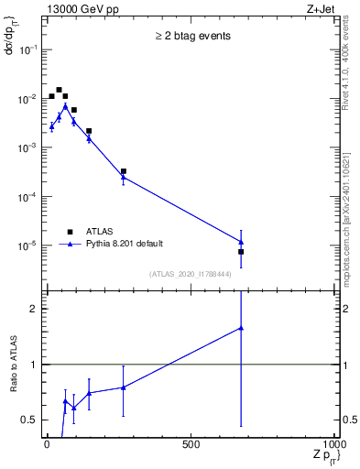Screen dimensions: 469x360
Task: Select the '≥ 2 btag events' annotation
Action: (191, 37)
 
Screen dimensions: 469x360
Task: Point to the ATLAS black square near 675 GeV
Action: (241, 251)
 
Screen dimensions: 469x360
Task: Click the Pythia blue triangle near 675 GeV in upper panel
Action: (241, 242)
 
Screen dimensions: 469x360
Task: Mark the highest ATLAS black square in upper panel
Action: (59, 90)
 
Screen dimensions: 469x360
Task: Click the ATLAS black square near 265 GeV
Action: (123, 171)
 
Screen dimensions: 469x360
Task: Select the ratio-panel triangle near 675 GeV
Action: (241, 328)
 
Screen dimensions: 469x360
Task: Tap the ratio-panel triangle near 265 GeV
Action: (123, 387)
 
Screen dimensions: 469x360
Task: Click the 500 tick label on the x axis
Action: (191, 445)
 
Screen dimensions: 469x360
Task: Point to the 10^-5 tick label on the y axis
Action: (27, 245)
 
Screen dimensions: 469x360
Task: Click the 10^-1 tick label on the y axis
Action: (27, 49)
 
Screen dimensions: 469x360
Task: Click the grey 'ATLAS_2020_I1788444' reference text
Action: (191, 274)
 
